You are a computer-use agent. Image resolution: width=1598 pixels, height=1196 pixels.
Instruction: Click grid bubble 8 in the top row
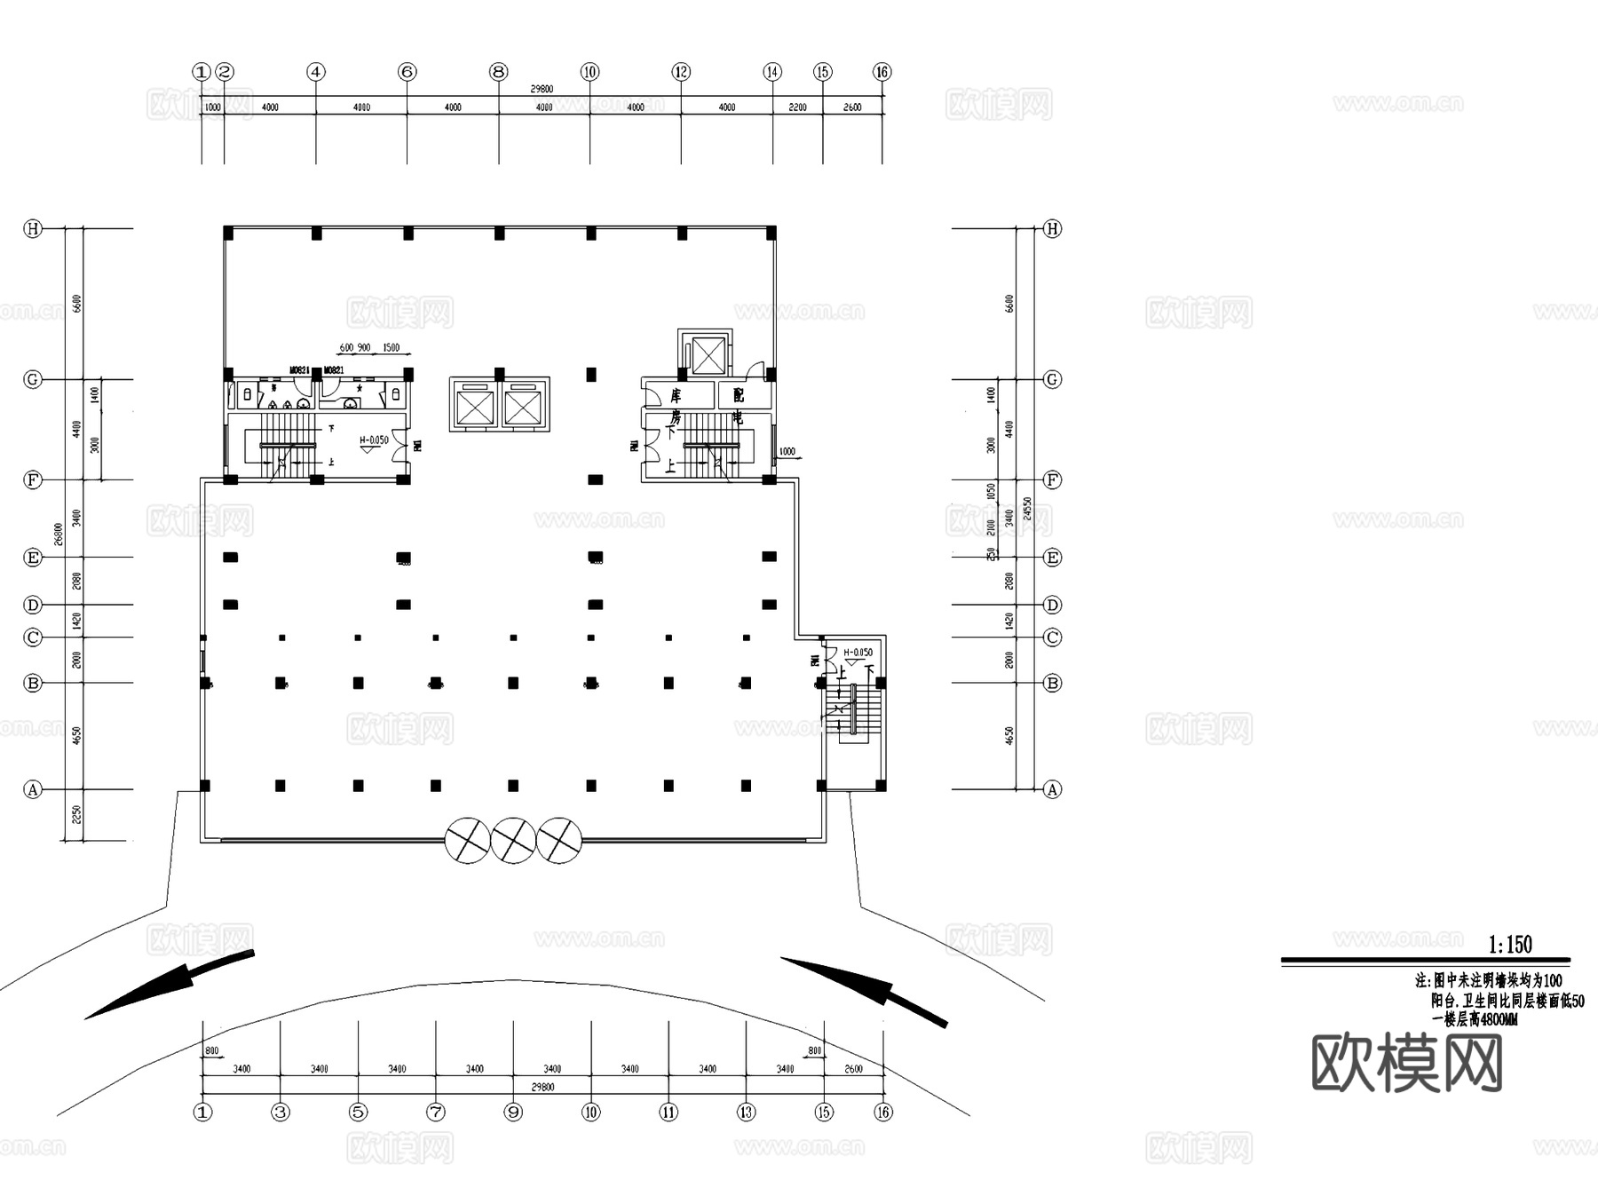click(x=499, y=72)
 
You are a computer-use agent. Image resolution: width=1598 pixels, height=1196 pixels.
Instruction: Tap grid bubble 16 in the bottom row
click(x=882, y=1112)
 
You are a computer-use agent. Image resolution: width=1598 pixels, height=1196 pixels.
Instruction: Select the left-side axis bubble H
click(x=33, y=229)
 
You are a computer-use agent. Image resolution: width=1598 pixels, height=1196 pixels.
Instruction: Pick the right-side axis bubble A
click(x=1052, y=789)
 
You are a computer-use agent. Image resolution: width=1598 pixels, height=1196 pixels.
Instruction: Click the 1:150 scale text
click(x=1510, y=944)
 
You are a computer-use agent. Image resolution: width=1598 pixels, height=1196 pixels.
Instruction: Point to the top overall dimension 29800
click(x=542, y=89)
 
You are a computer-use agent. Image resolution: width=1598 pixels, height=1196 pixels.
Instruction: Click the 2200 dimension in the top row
click(x=797, y=107)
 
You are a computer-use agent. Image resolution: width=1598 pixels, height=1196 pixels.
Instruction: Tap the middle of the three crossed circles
click(x=513, y=840)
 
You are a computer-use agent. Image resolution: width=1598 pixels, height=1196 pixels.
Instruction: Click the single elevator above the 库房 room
click(x=708, y=356)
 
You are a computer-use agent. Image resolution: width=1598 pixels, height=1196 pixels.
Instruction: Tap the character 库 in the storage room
click(x=676, y=396)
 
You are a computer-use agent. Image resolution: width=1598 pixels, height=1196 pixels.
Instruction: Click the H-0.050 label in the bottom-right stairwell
click(x=858, y=653)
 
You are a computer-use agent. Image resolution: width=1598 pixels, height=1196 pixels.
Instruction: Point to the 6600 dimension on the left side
click(x=77, y=304)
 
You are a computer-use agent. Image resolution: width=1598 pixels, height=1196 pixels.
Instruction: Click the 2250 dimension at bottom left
click(x=77, y=814)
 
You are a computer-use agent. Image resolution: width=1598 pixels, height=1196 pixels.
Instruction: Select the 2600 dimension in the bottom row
click(x=852, y=1069)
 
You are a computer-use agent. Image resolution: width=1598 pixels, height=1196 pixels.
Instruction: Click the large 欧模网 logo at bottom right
click(x=1406, y=1064)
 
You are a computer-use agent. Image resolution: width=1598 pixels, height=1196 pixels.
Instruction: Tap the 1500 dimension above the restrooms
click(x=391, y=348)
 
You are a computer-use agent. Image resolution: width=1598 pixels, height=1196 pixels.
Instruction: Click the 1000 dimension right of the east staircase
click(x=787, y=452)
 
